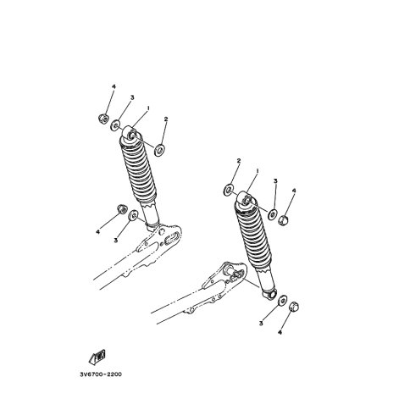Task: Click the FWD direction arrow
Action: (x=97, y=357)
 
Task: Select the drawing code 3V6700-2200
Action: (x=101, y=374)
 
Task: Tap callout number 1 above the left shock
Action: (x=147, y=108)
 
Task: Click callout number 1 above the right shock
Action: (x=258, y=171)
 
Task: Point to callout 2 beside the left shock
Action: (x=166, y=119)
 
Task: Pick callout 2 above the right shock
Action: (x=239, y=161)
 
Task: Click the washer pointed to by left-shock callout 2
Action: (x=159, y=150)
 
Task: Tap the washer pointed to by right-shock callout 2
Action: (x=228, y=190)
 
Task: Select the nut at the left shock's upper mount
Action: (x=103, y=119)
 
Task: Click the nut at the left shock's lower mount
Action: (x=122, y=208)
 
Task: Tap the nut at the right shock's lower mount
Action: (x=295, y=307)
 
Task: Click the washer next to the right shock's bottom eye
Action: (x=282, y=301)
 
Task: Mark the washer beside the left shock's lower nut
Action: (x=133, y=215)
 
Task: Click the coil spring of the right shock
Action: (x=252, y=235)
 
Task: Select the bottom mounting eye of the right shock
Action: (x=270, y=294)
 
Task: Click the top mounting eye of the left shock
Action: (x=130, y=133)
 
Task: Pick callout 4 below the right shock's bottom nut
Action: (x=280, y=333)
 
